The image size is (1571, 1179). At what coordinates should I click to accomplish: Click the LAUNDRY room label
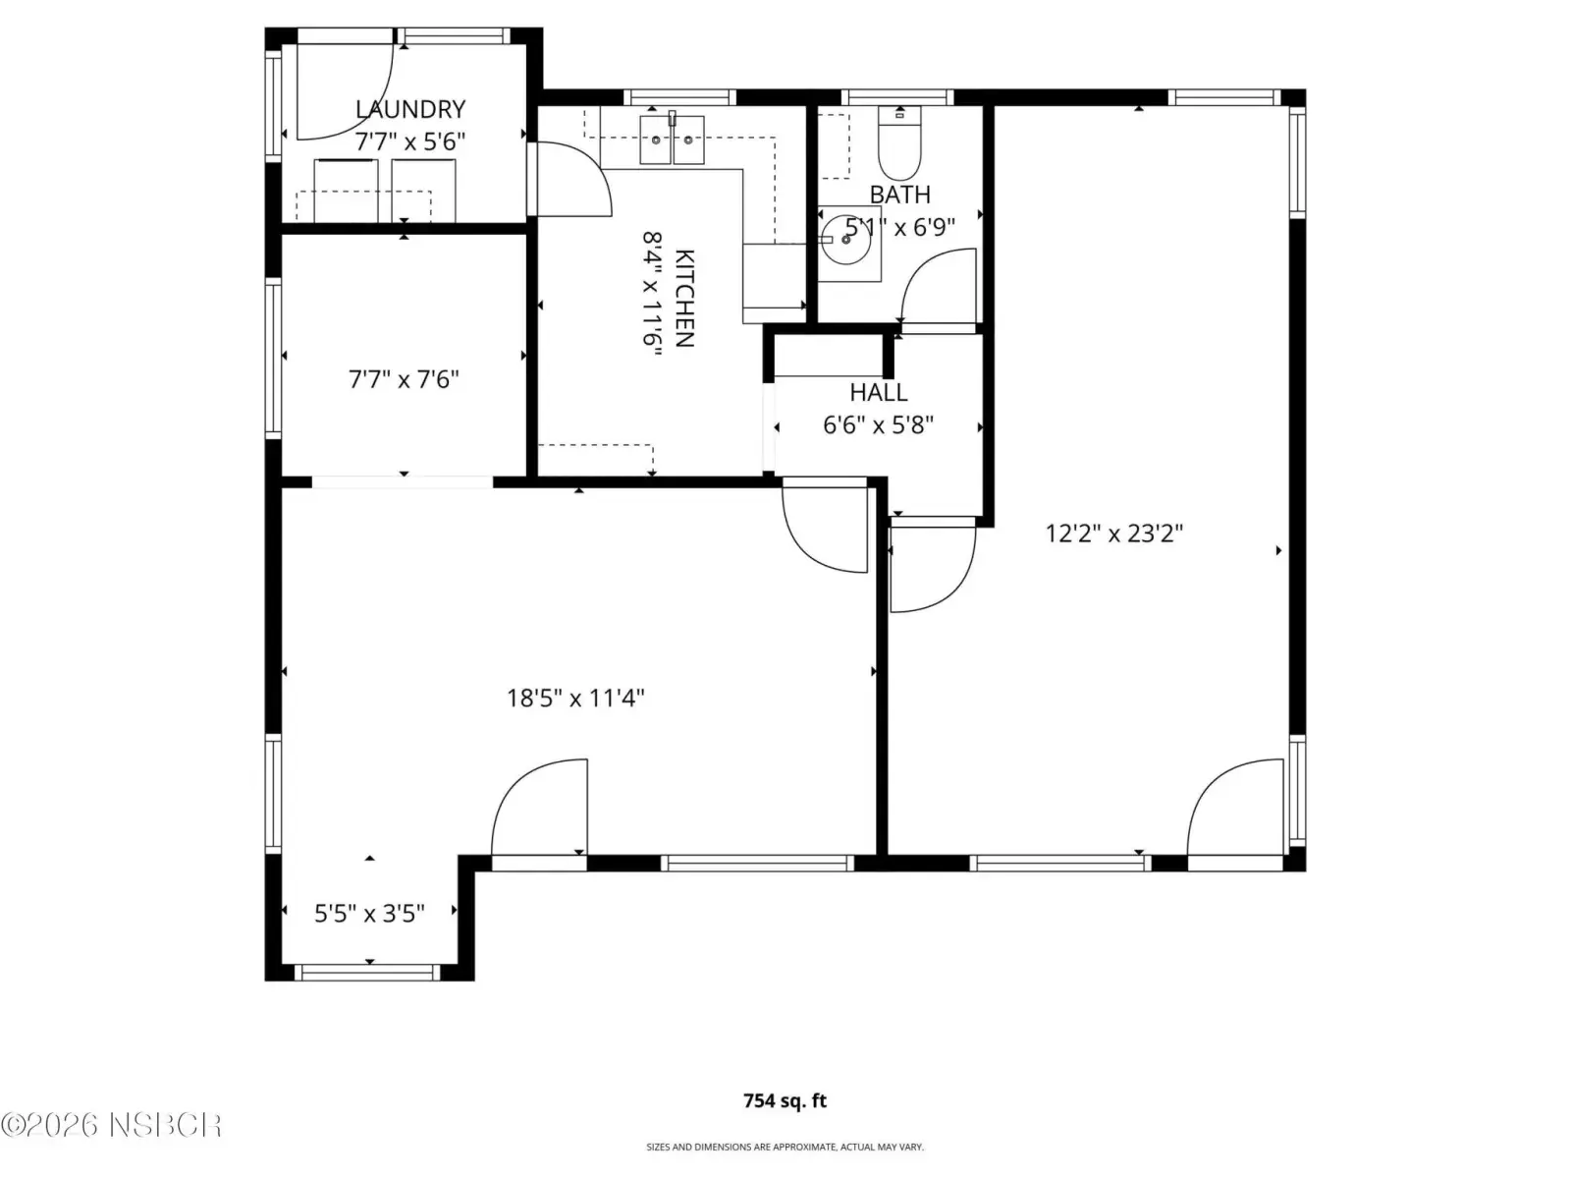click(410, 109)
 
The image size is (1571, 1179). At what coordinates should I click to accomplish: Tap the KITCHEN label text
click(684, 298)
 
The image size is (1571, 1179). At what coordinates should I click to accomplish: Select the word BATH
click(899, 195)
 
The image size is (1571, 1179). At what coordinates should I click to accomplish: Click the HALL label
click(878, 392)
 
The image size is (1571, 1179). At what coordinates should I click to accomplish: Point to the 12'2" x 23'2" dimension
click(1114, 533)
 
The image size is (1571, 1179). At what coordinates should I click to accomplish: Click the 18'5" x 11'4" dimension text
click(575, 698)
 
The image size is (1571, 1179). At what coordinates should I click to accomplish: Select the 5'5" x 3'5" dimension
click(369, 914)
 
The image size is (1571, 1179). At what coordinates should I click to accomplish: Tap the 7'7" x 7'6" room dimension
click(404, 378)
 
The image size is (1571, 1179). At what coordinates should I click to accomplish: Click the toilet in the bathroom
click(899, 143)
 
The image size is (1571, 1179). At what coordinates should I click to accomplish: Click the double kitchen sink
click(672, 140)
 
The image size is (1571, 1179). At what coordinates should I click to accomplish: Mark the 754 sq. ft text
click(785, 1100)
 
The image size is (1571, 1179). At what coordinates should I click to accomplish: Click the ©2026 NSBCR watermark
click(111, 1125)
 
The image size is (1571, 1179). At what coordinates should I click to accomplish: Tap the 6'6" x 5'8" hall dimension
click(878, 425)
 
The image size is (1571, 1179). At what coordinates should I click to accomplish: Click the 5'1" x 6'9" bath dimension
click(900, 227)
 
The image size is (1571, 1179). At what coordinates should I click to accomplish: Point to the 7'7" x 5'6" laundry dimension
click(410, 141)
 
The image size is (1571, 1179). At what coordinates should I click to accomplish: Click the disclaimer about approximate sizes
click(785, 1147)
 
